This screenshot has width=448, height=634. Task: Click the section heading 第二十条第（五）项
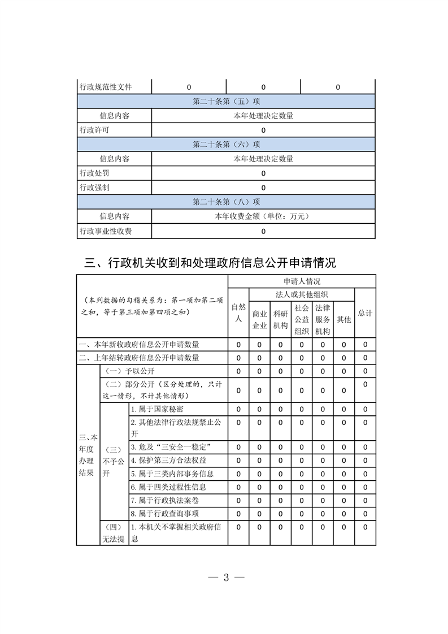click(x=226, y=102)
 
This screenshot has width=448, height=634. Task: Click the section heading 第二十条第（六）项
click(x=226, y=145)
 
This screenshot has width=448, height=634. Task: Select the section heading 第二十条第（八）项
click(x=226, y=202)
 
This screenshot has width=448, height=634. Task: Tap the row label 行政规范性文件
click(x=106, y=87)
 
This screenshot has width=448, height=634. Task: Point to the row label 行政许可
click(x=95, y=130)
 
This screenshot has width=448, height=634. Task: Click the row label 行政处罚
click(x=95, y=173)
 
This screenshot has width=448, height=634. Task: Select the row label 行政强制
click(x=95, y=188)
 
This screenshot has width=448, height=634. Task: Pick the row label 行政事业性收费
click(x=106, y=231)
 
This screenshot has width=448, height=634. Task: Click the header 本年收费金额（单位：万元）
click(x=263, y=216)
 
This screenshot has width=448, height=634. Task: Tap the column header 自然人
click(x=238, y=312)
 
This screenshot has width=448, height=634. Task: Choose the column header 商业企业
click(x=259, y=319)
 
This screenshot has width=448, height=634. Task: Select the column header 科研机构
click(x=280, y=319)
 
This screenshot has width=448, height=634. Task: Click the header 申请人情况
click(x=302, y=281)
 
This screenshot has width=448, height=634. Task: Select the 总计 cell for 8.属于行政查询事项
click(x=365, y=514)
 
